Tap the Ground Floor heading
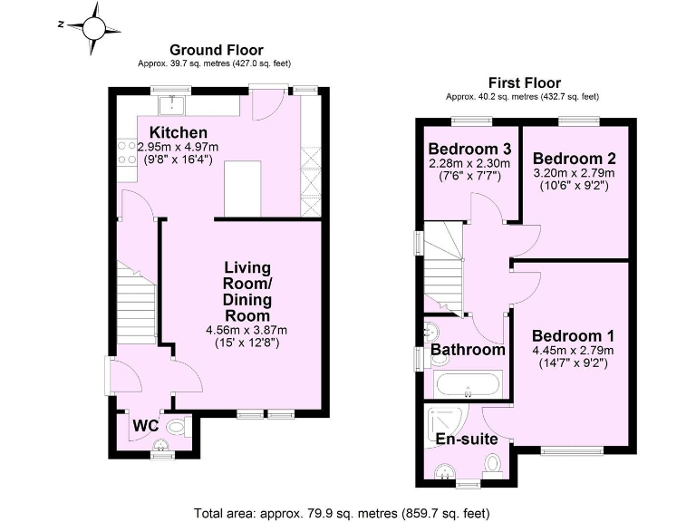(x=217, y=50)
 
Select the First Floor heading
(x=524, y=82)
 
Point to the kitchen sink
(x=171, y=107)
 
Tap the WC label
(x=146, y=425)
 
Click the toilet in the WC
(x=175, y=423)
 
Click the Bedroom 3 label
(x=470, y=149)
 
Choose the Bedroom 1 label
(x=573, y=334)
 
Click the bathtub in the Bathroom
(x=466, y=384)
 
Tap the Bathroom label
(x=467, y=350)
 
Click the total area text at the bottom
(x=343, y=513)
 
